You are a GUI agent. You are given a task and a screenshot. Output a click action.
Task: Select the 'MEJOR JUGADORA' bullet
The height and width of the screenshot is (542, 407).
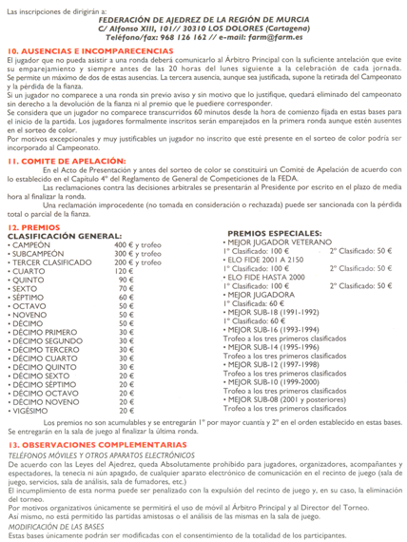[255, 294]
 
